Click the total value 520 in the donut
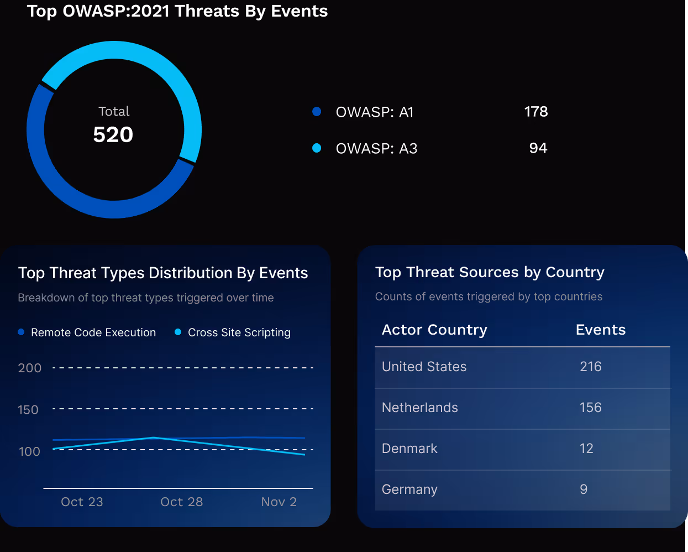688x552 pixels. click(113, 135)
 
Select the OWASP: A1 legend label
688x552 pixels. click(375, 112)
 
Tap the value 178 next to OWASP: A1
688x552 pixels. click(535, 112)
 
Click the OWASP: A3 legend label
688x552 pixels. click(376, 149)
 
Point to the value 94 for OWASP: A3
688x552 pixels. click(538, 148)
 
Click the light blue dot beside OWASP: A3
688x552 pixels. click(317, 148)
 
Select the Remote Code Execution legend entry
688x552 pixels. click(93, 332)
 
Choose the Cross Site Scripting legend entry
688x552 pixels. click(239, 332)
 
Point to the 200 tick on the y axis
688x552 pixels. click(30, 368)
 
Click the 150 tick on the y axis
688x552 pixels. click(28, 410)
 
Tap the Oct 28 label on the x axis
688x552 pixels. click(181, 502)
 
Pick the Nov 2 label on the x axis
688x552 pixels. click(279, 502)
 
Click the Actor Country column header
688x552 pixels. click(434, 330)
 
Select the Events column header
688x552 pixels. click(600, 330)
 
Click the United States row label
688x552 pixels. click(424, 367)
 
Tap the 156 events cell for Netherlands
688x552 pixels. click(590, 408)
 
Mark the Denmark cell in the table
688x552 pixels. click(409, 449)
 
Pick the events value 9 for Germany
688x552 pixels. click(584, 489)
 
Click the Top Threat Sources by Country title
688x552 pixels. click(490, 273)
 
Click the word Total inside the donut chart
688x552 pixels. click(114, 112)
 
